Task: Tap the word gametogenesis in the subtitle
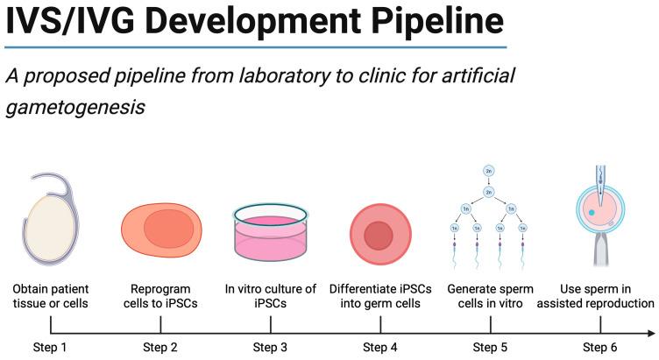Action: pos(73,109)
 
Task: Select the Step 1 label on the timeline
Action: pos(51,348)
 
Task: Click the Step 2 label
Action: pos(160,348)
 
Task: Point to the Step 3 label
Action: pos(271,348)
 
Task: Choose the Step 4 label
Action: pos(380,348)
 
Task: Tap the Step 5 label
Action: pos(490,348)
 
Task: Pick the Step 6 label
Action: pos(599,348)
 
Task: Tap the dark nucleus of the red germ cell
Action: pos(379,235)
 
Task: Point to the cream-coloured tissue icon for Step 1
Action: pos(48,233)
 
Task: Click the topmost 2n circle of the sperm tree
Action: pos(490,172)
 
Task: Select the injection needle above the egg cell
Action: pos(599,181)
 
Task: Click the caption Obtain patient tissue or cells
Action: pos(51,296)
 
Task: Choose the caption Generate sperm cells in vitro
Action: pos(490,296)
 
